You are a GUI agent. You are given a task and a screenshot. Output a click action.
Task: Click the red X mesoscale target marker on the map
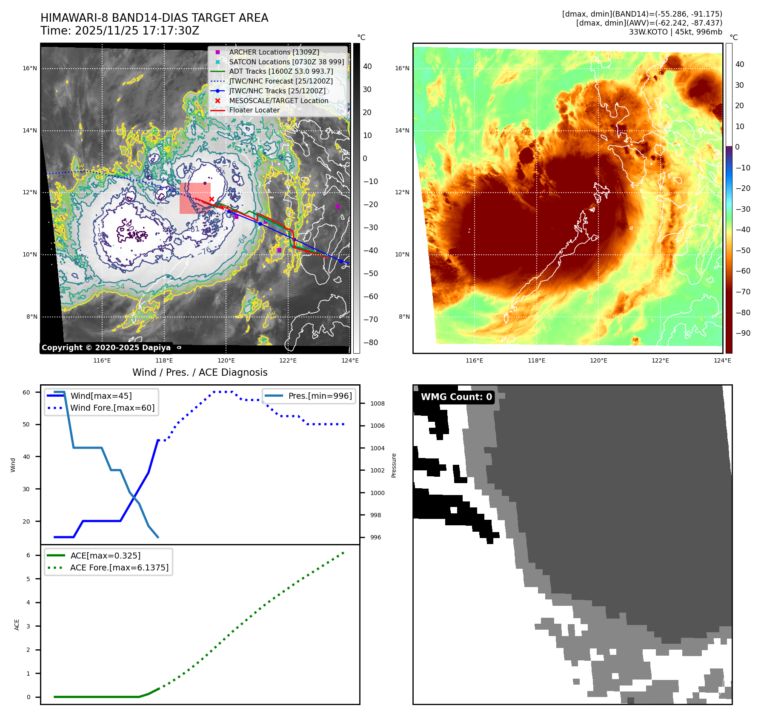[212, 199]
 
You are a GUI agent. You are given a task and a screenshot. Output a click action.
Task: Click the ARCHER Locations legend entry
[274, 52]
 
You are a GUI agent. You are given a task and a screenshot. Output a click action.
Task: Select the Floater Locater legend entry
[254, 110]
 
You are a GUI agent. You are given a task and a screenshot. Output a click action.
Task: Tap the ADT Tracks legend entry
[281, 71]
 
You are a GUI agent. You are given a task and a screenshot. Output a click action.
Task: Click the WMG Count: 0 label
[456, 397]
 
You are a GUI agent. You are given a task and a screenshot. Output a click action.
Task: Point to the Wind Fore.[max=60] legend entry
[112, 408]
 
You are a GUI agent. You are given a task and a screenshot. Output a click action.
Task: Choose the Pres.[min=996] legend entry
[320, 396]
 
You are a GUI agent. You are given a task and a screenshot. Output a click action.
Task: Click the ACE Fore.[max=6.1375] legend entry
[119, 567]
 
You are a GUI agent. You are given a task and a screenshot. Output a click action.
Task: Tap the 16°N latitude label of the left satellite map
[30, 68]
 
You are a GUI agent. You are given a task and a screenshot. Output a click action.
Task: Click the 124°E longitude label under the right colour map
[722, 360]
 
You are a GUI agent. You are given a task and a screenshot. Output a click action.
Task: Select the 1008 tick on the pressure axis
[377, 403]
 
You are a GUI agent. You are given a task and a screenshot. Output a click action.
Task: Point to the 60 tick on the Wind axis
[26, 392]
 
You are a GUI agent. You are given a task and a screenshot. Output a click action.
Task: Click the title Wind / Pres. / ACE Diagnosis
[200, 372]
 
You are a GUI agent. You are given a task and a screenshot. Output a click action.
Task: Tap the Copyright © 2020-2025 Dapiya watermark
[106, 348]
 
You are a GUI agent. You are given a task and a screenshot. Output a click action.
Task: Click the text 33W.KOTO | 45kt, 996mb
[675, 32]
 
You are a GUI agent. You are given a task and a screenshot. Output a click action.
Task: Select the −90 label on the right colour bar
[743, 333]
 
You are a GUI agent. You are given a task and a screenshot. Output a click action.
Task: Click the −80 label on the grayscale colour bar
[370, 343]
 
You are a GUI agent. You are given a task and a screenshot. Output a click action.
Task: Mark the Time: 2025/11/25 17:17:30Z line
[120, 31]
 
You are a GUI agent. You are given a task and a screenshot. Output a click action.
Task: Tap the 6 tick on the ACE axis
[28, 555]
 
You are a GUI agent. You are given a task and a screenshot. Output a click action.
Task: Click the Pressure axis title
[394, 465]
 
